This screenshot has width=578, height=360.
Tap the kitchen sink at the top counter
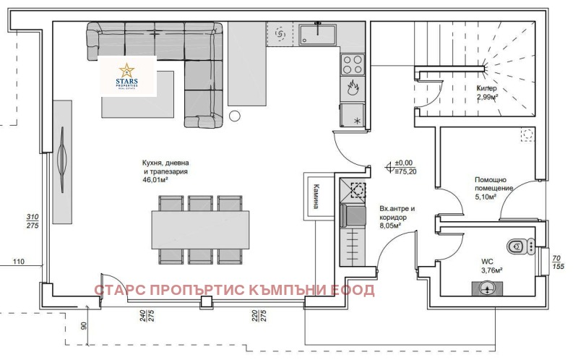point(316,33)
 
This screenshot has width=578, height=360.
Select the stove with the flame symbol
point(352,89)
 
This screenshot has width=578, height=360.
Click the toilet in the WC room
point(518,246)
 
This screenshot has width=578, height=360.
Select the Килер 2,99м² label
point(487,93)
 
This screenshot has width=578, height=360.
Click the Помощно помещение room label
point(493,187)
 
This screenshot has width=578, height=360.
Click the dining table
point(199,229)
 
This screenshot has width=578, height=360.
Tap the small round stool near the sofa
point(234,115)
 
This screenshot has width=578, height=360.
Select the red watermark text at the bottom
point(235,291)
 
